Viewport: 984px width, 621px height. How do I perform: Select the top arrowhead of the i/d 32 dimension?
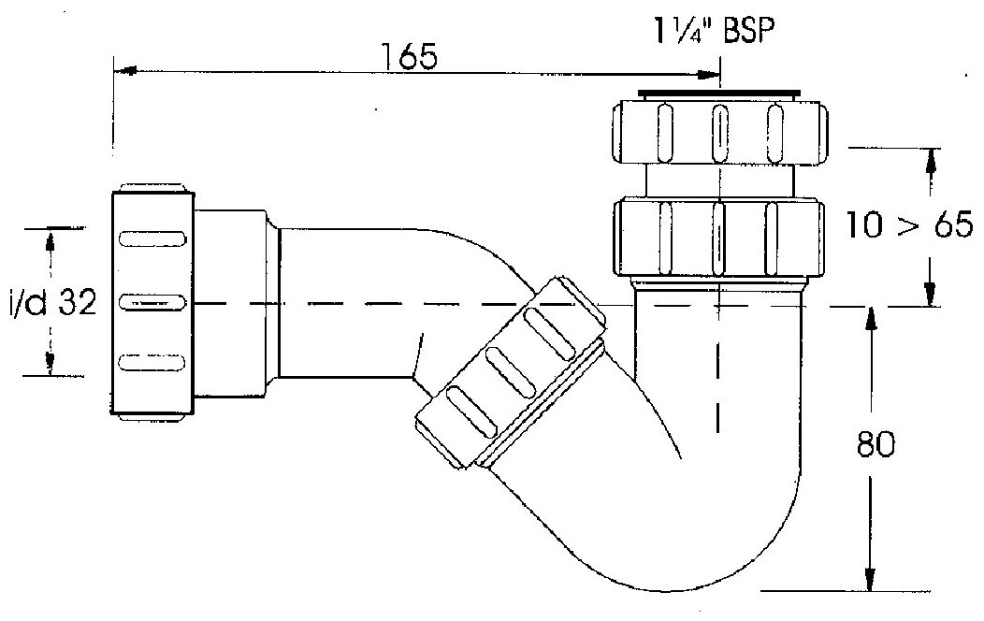click(51, 238)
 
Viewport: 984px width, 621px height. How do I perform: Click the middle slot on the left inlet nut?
click(153, 303)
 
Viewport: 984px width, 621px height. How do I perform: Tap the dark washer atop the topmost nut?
click(718, 94)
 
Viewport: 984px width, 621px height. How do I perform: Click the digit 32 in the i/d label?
click(77, 303)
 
